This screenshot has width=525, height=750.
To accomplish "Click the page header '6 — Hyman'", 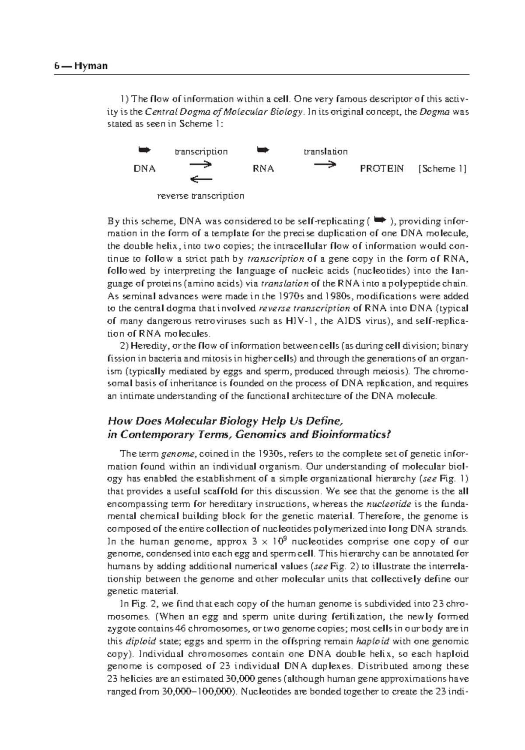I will pyautogui.click(x=81, y=67).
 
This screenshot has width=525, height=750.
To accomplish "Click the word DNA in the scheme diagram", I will pyautogui.click(x=144, y=169).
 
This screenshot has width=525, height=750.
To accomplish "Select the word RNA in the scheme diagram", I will pyautogui.click(x=263, y=169).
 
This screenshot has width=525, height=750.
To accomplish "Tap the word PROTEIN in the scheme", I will pyautogui.click(x=381, y=168).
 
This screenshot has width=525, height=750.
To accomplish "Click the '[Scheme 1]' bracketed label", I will pyautogui.click(x=442, y=169).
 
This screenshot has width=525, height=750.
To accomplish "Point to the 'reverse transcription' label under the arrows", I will pyautogui.click(x=200, y=196).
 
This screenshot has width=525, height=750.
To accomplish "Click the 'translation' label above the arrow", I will pyautogui.click(x=325, y=152).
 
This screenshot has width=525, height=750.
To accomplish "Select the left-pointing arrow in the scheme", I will pyautogui.click(x=201, y=179).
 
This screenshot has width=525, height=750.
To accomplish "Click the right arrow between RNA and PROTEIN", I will pyautogui.click(x=325, y=165).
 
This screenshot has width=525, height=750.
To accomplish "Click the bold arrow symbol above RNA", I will pyautogui.click(x=263, y=151).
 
